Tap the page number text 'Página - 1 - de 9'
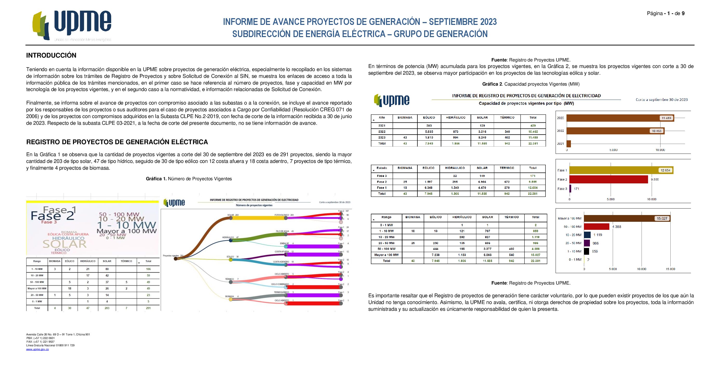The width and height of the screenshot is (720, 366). (665, 13)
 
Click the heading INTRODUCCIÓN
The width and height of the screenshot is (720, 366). (51, 55)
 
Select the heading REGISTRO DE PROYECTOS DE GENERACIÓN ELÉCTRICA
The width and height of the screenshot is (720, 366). (117, 142)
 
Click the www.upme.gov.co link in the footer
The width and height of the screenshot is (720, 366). (37, 349)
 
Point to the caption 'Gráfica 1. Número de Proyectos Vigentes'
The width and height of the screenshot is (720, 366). (189, 179)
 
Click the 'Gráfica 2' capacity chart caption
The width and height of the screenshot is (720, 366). (531, 84)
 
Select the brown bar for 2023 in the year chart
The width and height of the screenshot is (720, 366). (620, 118)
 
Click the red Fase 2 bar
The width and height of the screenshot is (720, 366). (609, 179)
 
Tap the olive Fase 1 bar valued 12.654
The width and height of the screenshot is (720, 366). (621, 170)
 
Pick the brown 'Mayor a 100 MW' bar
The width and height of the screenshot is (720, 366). (627, 218)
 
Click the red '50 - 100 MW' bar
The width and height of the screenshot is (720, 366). (596, 227)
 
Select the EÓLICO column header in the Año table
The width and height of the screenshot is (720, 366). (429, 118)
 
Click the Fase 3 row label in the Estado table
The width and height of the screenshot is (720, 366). (382, 176)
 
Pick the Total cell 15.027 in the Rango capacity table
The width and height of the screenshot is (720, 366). (535, 255)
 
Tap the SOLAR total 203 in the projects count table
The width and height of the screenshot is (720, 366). (107, 308)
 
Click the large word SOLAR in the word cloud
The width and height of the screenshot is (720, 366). (65, 244)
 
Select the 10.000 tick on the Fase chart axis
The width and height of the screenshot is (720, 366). (651, 199)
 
